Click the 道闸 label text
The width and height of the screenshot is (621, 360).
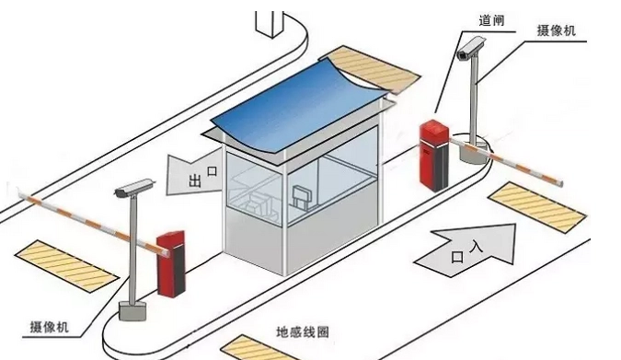point(492,19)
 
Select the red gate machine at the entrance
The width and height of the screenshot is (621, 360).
point(434,153)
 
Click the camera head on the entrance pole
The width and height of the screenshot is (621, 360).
point(471,48)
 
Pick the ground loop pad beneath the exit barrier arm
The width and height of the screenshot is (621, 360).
point(67,261)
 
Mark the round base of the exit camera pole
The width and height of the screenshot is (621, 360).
point(132,310)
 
